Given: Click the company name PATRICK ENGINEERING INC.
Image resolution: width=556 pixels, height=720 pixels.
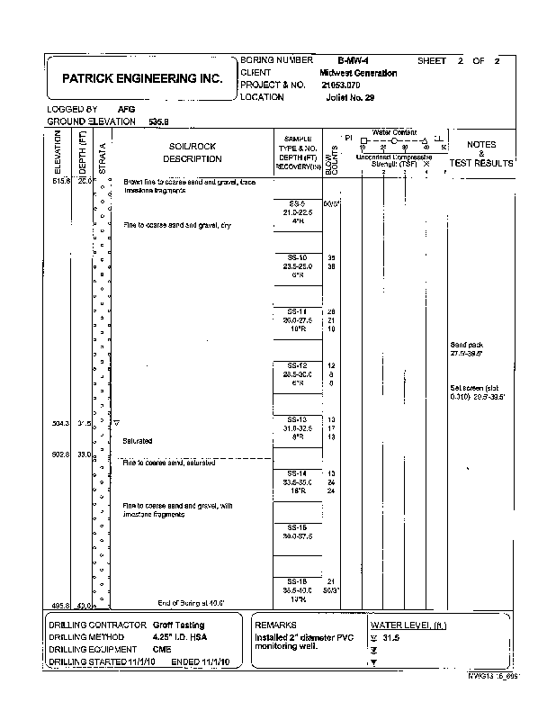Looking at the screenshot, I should [x=141, y=79].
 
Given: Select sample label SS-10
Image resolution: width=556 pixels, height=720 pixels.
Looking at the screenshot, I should [x=297, y=257].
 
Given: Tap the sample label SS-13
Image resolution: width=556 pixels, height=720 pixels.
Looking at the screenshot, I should [x=297, y=419].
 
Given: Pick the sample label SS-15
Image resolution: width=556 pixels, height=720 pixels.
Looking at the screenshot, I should [x=297, y=527].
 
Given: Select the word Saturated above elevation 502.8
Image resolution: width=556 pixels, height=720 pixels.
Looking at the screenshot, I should [x=138, y=441].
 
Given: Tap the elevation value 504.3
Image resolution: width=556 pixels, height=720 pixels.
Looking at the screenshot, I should [x=58, y=421].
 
